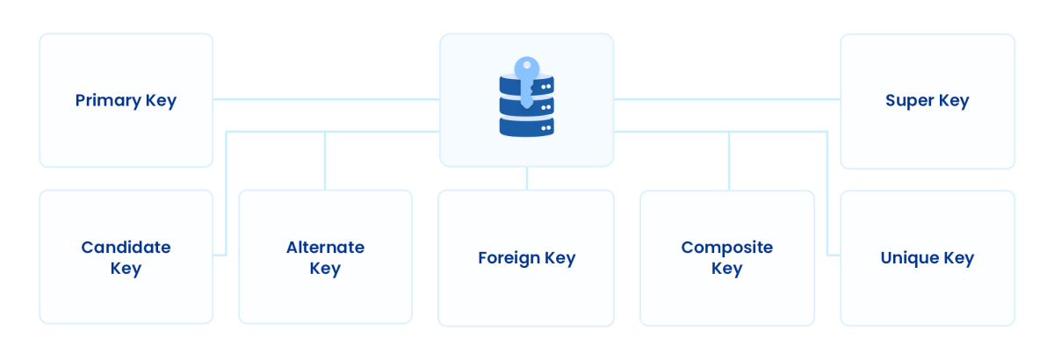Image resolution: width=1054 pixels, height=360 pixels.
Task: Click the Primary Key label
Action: pyautogui.click(x=126, y=100)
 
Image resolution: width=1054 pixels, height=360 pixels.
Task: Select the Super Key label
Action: pyautogui.click(x=927, y=100)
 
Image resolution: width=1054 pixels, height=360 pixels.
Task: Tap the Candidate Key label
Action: pyautogui.click(x=126, y=257)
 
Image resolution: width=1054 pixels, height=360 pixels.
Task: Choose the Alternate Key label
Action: pyautogui.click(x=325, y=257)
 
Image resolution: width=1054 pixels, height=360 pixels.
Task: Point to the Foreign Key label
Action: pyautogui.click(x=526, y=258)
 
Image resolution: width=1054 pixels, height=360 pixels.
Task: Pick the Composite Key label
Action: pyautogui.click(x=726, y=257)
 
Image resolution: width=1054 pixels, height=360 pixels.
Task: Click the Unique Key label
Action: pyautogui.click(x=927, y=258)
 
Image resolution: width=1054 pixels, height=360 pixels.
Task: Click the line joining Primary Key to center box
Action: pyautogui.click(x=326, y=99)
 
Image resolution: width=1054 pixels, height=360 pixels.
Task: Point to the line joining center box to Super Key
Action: pyautogui.click(x=726, y=99)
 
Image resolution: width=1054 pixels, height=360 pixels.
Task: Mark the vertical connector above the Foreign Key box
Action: pyautogui.click(x=527, y=178)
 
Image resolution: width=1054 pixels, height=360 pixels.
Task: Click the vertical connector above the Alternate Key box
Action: pyautogui.click(x=325, y=161)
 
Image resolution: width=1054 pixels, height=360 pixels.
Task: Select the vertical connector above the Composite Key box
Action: pyautogui.click(x=729, y=161)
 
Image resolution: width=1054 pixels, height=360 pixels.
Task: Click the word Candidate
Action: pyautogui.click(x=126, y=247)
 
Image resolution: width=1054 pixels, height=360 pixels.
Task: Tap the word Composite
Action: pyautogui.click(x=726, y=247)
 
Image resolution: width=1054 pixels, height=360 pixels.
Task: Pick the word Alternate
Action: pyautogui.click(x=325, y=247)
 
